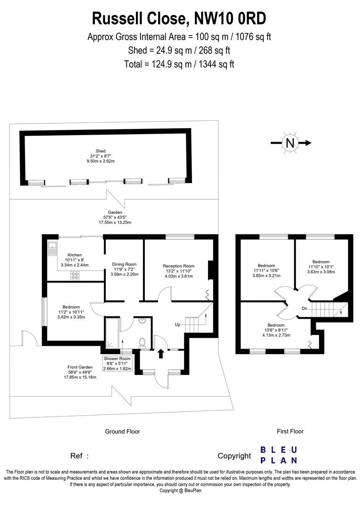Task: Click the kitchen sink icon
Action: click(x=51, y=249)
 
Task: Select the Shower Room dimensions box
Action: click(x=118, y=364)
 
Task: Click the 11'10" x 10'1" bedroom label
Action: click(x=320, y=266)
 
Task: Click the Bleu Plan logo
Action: click(x=279, y=455)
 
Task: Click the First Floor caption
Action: click(x=290, y=431)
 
